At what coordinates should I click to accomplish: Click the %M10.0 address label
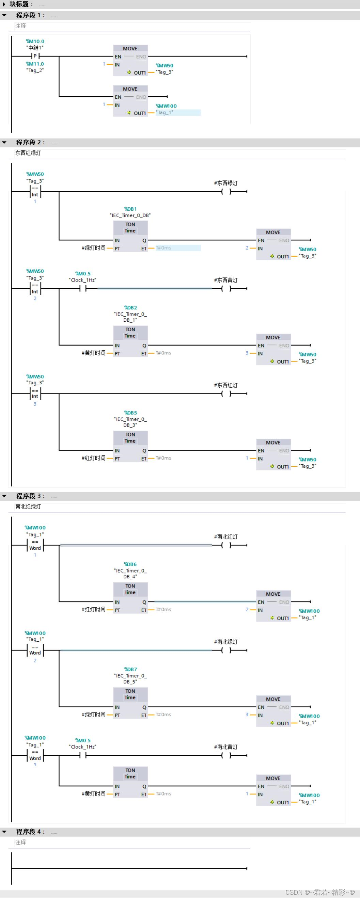(35, 41)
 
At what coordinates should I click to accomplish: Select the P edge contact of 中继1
(35, 56)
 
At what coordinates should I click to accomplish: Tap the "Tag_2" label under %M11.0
(35, 70)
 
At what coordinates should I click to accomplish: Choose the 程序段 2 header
(30, 142)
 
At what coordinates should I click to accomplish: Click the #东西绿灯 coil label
(225, 183)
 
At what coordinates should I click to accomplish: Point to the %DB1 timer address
(130, 209)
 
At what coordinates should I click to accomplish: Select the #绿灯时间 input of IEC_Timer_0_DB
(93, 248)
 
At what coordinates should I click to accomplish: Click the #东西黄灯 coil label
(225, 280)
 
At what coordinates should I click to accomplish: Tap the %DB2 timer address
(130, 307)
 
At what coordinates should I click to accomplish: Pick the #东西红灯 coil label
(225, 385)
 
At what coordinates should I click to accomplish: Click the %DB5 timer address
(130, 413)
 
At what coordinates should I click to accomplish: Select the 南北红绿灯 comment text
(28, 507)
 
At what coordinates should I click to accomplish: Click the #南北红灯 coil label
(225, 537)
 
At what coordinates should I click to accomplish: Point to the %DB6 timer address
(130, 564)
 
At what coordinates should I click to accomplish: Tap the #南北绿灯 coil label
(225, 642)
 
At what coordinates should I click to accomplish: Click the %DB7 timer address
(130, 669)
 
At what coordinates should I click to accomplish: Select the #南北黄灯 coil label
(225, 747)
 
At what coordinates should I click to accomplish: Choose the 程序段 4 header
(30, 832)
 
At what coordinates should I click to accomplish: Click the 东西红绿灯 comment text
(28, 153)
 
